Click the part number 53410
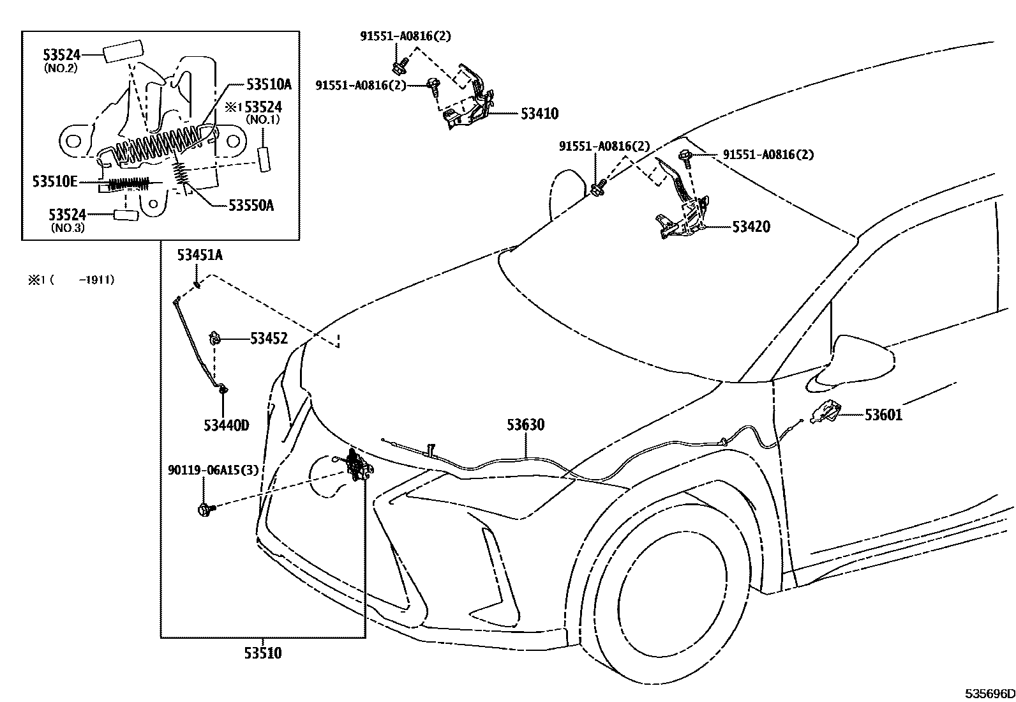click(539, 114)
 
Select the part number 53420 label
click(751, 227)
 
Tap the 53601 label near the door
click(883, 415)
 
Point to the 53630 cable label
click(526, 425)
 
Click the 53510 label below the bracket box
click(262, 653)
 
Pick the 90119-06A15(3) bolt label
click(213, 471)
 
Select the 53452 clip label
click(268, 339)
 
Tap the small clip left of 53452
click(216, 338)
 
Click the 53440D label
click(226, 425)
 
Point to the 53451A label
click(200, 256)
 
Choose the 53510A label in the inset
click(269, 84)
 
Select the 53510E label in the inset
click(55, 182)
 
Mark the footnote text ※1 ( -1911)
click(71, 279)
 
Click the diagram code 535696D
click(989, 694)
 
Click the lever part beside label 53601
click(826, 412)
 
